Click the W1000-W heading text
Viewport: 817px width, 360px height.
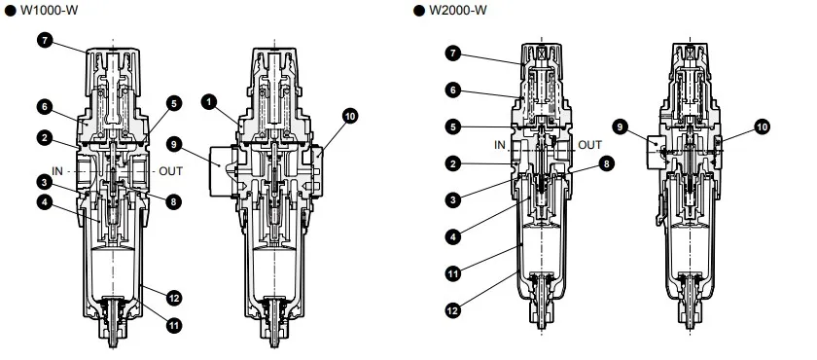point(49,10)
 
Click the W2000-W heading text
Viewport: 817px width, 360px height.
point(458,10)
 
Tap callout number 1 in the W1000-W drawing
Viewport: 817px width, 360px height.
point(209,102)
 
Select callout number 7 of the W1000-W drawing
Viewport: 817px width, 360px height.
point(45,40)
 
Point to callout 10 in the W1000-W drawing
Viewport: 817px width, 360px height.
point(351,116)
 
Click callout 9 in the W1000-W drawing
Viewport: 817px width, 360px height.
point(175,144)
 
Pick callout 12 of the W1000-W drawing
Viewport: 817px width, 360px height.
point(174,298)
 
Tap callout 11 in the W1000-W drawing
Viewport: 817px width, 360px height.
point(174,326)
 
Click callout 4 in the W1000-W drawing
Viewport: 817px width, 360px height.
point(45,201)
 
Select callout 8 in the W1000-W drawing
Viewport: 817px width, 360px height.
point(174,201)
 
